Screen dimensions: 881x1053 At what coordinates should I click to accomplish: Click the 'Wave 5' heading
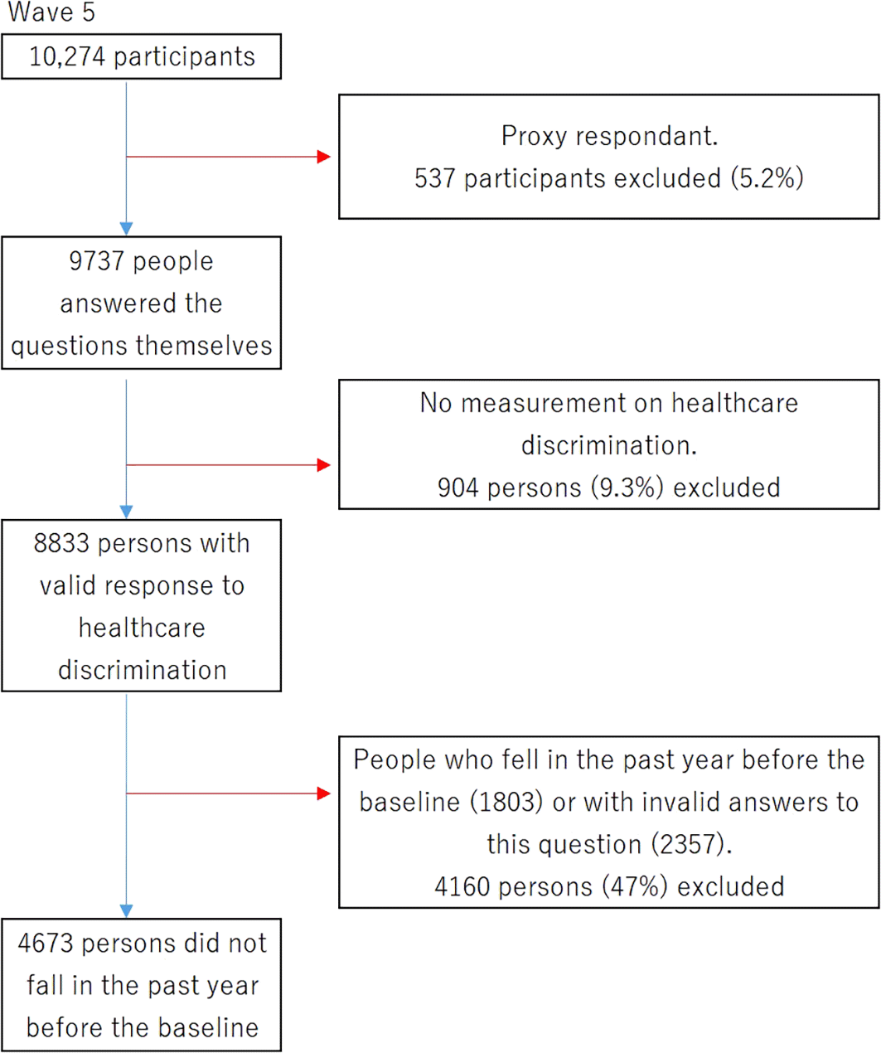click(x=51, y=12)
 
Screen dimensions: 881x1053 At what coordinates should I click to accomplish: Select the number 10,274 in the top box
click(x=67, y=56)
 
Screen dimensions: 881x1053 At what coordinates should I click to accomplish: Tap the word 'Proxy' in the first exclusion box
click(x=534, y=137)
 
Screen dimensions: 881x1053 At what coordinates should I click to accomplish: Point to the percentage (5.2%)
click(x=767, y=178)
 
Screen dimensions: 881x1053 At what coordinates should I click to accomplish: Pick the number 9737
click(x=96, y=261)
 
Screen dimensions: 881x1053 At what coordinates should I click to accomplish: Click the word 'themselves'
click(x=204, y=346)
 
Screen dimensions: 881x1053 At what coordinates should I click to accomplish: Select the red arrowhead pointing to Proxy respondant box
click(x=323, y=157)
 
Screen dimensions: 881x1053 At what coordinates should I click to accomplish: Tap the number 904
click(x=457, y=488)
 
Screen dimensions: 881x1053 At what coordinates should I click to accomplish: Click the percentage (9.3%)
click(x=627, y=488)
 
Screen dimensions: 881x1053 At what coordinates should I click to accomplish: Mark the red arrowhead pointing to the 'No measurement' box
click(x=323, y=465)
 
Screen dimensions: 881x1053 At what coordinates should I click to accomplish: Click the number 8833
click(x=62, y=544)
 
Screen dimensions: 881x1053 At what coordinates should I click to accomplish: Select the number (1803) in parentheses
click(x=506, y=803)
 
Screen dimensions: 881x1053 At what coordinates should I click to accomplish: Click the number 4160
click(x=462, y=887)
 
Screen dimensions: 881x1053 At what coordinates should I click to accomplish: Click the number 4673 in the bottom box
click(x=46, y=944)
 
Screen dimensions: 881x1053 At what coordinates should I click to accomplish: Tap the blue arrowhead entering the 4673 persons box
click(x=127, y=910)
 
